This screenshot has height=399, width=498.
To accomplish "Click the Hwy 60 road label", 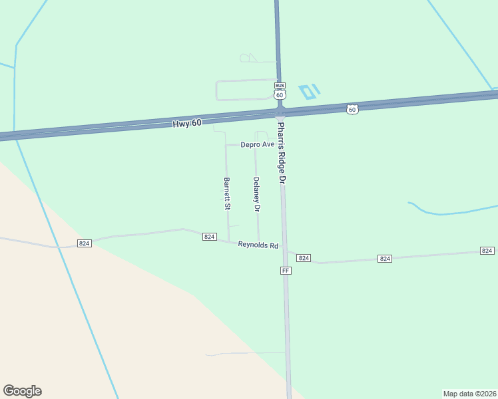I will (x=186, y=123).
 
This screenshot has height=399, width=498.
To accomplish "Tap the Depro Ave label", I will (x=258, y=144).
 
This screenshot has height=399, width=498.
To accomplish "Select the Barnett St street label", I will (x=227, y=194).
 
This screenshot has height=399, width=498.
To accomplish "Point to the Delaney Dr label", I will (x=256, y=194).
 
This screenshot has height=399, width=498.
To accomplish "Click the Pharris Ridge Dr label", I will (x=282, y=153).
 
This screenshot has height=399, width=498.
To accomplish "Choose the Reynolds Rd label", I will (x=258, y=245).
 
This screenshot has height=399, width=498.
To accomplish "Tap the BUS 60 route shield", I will (x=280, y=90).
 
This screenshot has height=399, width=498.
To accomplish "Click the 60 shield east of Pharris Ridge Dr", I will (x=352, y=108).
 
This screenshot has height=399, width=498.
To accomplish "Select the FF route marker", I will (x=286, y=271).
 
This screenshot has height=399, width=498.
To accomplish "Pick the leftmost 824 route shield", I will (x=84, y=243).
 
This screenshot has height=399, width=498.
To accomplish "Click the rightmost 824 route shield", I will (x=487, y=251).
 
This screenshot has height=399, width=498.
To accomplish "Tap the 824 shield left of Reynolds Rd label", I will (x=209, y=237).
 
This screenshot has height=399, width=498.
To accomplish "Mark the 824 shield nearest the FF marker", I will (x=304, y=257).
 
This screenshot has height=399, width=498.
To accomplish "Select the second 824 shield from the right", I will (x=384, y=258).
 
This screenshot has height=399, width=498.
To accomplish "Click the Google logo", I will (x=22, y=391).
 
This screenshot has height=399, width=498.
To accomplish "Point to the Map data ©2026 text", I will (x=469, y=393).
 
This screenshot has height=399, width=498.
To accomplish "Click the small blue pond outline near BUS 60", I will (x=309, y=91).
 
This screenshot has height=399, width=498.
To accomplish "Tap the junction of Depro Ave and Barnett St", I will (x=226, y=145).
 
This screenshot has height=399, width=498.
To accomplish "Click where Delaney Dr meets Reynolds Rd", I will (x=258, y=241).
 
